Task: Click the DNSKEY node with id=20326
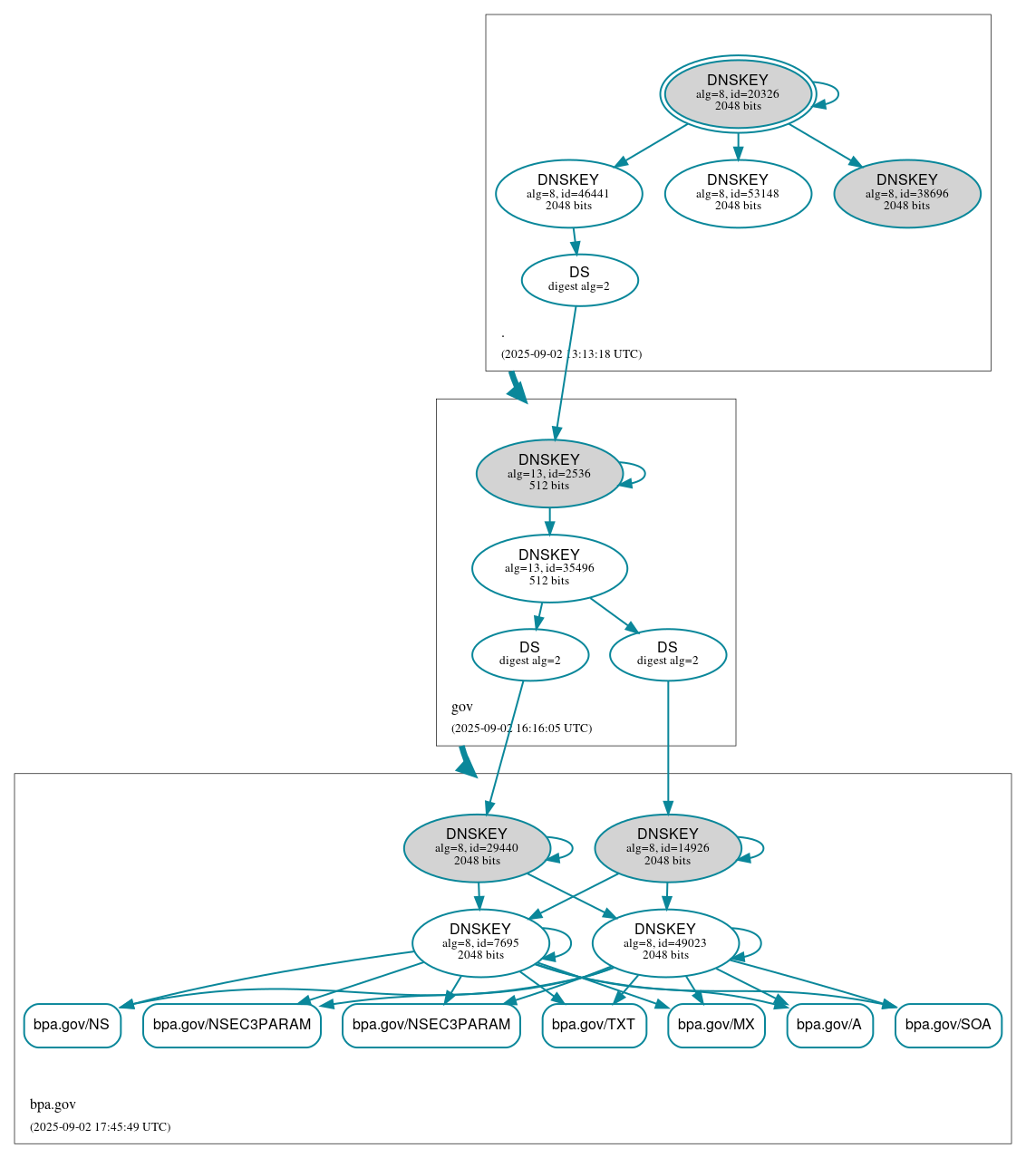738,94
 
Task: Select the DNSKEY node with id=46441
568,193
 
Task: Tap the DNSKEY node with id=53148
738,193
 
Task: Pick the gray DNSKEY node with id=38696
906,193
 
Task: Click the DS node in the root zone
579,280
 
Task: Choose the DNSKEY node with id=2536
548,473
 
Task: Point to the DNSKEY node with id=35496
549,568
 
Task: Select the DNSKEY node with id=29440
477,848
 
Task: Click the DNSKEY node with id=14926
667,848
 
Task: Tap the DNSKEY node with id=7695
480,943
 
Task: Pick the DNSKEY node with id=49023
665,943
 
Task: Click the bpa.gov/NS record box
72,1025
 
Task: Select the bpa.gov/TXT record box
594,1025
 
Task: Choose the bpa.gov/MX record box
716,1025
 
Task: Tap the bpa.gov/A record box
829,1025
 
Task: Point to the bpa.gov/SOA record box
948,1025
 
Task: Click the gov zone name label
462,707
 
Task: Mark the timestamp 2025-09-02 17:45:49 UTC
100,1127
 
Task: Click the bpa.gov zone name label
53,1105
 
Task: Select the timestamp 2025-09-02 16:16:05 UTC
521,729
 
